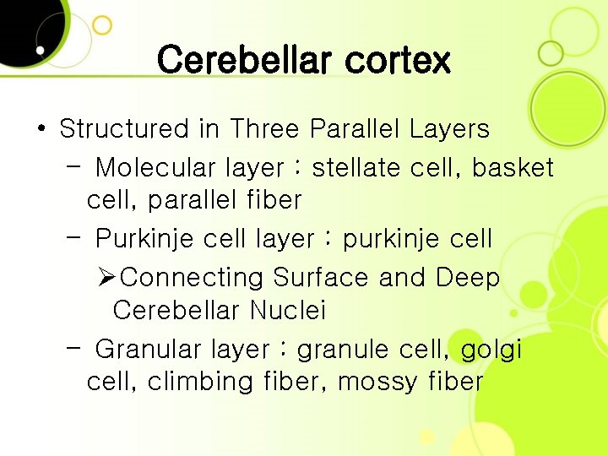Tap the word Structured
click(124, 129)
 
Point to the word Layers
click(449, 129)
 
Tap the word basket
click(513, 168)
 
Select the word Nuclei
click(288, 311)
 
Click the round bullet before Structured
click(41, 130)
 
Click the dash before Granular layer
click(73, 346)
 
